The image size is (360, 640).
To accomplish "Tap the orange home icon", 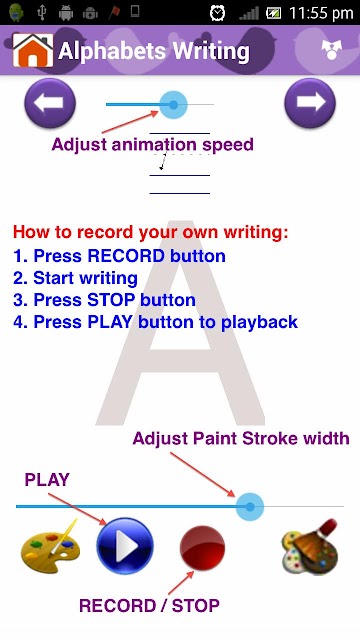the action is tap(33, 50).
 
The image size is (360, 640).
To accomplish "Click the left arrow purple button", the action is tap(50, 103).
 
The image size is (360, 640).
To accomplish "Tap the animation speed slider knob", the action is tap(173, 105).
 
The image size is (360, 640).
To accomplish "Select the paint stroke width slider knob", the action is tap(250, 507).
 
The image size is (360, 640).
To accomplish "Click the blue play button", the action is tap(125, 546).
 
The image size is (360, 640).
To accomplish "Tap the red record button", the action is tap(202, 549).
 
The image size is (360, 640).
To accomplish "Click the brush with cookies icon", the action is tap(311, 546).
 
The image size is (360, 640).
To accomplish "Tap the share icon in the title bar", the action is tap(331, 50).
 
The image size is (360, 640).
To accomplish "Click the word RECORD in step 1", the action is tap(126, 256).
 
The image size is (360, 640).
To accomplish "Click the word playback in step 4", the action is tap(259, 322).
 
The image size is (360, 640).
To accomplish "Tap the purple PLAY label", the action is tap(47, 480).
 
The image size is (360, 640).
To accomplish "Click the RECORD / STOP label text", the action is tap(149, 605).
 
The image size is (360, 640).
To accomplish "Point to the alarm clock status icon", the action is tap(218, 13).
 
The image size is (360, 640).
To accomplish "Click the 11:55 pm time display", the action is tap(321, 13).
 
